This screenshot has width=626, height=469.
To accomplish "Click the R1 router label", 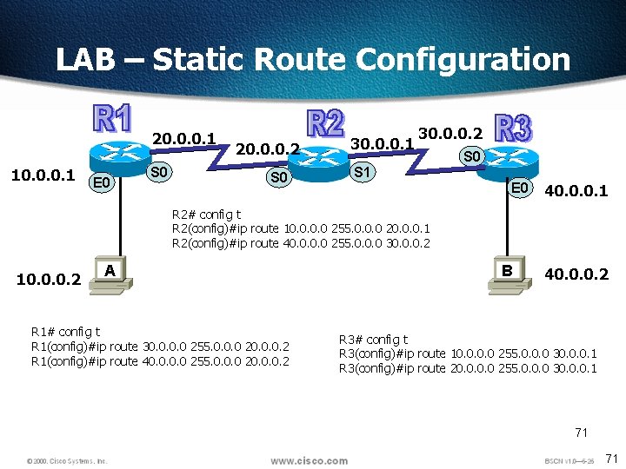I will (x=112, y=121).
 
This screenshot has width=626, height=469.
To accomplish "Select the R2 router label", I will (x=326, y=123).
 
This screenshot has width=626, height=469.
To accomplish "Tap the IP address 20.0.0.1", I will (x=183, y=137).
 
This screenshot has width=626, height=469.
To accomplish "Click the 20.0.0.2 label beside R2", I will (x=268, y=149).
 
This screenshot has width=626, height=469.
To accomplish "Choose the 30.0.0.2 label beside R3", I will (x=450, y=133).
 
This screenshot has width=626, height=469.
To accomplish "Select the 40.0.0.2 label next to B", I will (x=576, y=275).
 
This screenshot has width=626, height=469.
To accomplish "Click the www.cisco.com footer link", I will (x=309, y=460).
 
